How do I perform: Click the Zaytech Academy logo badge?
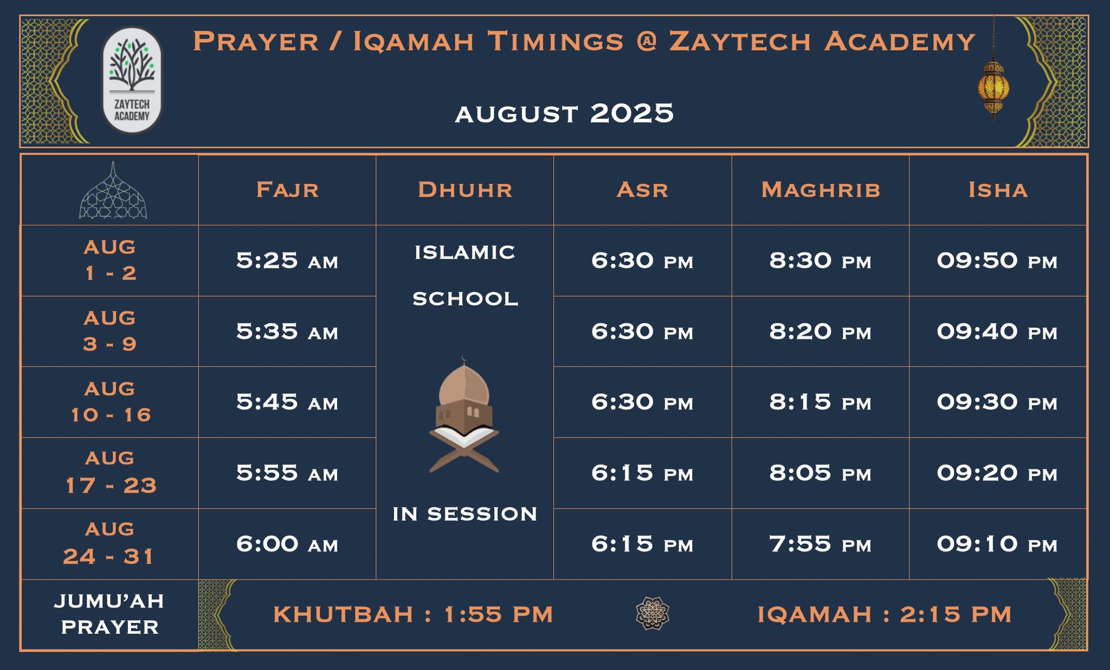click(132, 80)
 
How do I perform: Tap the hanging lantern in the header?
click(993, 87)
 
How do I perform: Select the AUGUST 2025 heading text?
click(564, 114)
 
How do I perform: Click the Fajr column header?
click(287, 190)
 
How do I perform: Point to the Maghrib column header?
click(821, 190)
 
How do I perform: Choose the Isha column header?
click(998, 190)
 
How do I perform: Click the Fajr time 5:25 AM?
click(287, 261)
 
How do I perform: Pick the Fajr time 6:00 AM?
click(287, 544)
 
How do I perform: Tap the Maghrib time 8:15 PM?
click(820, 402)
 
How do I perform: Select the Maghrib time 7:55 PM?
click(820, 544)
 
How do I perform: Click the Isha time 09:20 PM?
click(997, 473)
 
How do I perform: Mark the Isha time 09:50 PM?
click(997, 261)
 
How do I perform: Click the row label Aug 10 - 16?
click(111, 402)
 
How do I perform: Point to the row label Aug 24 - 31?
click(109, 543)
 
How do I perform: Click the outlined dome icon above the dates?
click(113, 192)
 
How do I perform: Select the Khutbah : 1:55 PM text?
click(413, 614)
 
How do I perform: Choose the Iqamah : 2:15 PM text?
click(885, 614)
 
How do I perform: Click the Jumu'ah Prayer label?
click(109, 614)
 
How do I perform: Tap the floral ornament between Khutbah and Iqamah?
click(653, 613)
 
